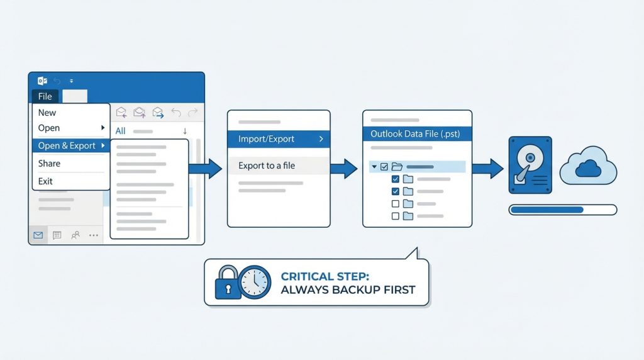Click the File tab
[45, 96]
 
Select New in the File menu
[47, 113]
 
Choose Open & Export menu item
[67, 145]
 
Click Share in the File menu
[49, 163]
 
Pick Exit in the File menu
[45, 181]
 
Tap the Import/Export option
[267, 139]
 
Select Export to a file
[267, 166]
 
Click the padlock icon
[227, 283]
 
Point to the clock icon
[255, 281]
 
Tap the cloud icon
[588, 167]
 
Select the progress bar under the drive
[563, 210]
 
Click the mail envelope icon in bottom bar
[38, 235]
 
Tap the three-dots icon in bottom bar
[94, 235]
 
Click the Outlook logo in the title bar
[42, 81]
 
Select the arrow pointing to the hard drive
[487, 168]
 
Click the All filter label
[120, 131]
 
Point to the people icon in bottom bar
[75, 235]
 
